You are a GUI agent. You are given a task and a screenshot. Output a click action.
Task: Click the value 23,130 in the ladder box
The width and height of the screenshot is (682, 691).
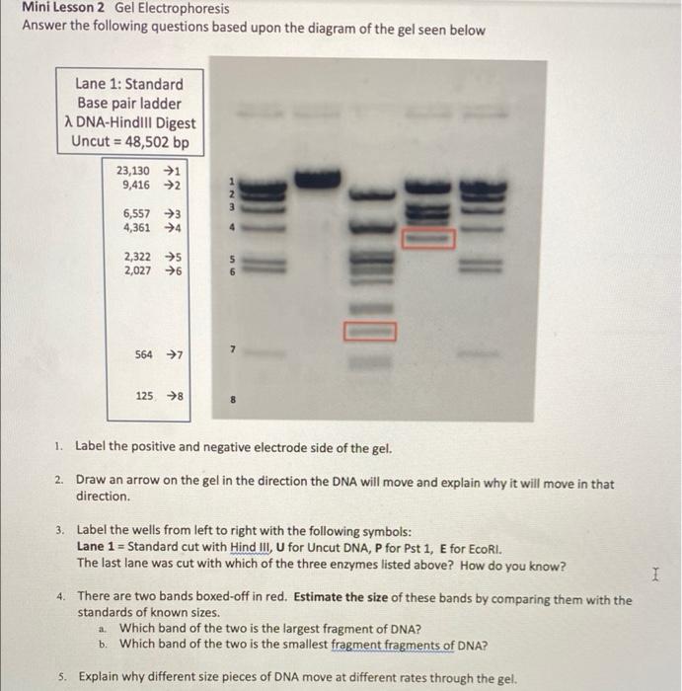[x=134, y=171]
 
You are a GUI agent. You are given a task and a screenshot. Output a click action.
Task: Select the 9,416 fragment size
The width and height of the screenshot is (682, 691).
[x=135, y=185]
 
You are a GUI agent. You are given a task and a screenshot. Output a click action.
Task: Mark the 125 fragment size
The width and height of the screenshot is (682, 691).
[x=145, y=396]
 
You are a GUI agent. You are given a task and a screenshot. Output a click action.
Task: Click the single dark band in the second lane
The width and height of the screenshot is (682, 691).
[x=315, y=180]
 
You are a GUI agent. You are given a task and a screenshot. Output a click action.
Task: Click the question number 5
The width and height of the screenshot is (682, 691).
[x=61, y=677]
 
